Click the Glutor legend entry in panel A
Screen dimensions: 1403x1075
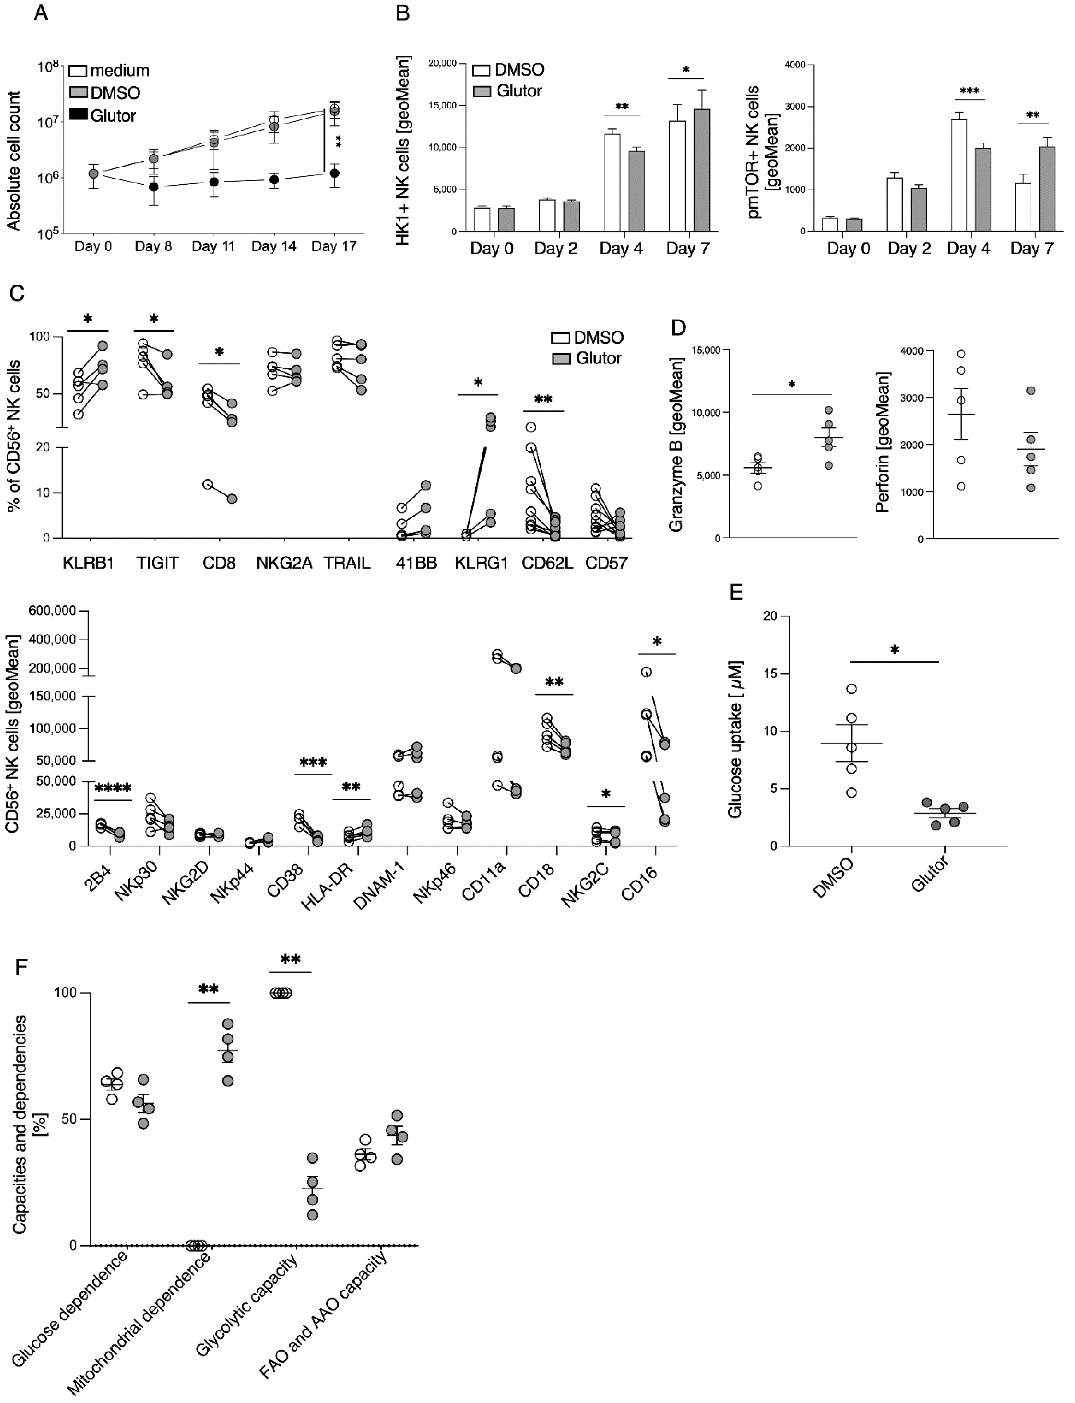[x=112, y=116]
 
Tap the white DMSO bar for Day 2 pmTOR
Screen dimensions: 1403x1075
[x=894, y=204]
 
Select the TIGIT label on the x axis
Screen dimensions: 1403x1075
[x=157, y=563]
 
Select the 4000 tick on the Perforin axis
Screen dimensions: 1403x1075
[x=912, y=351]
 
